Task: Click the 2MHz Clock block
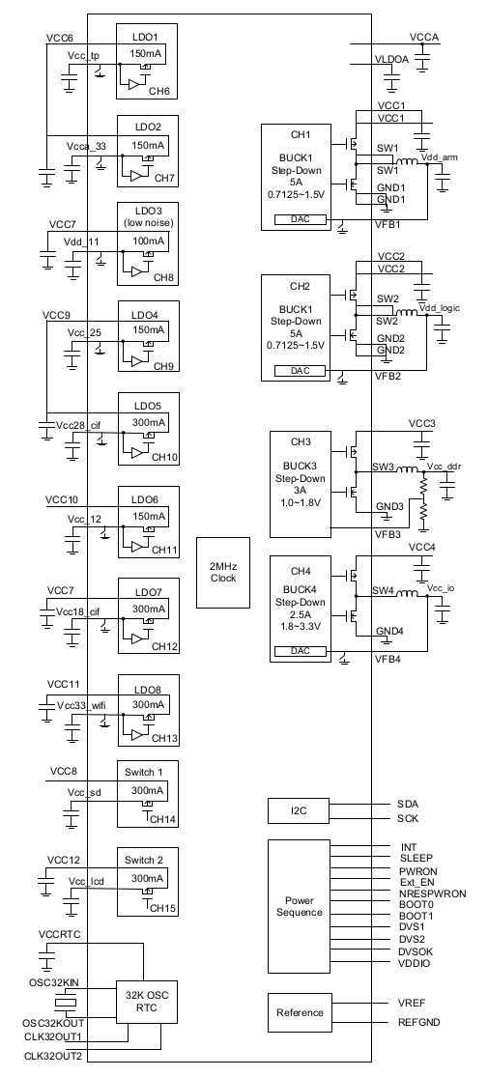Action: click(x=222, y=572)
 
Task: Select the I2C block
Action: click(x=299, y=811)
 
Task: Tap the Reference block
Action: click(x=299, y=1012)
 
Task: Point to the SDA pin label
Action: click(x=408, y=804)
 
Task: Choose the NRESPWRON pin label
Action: click(x=432, y=893)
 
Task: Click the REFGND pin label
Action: click(x=419, y=1022)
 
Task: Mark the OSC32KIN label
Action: click(x=53, y=983)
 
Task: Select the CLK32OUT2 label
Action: click(x=53, y=1056)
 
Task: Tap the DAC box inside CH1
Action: click(x=301, y=220)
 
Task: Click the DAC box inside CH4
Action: click(x=301, y=651)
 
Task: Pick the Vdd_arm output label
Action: click(x=439, y=157)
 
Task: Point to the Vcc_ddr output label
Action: click(x=444, y=467)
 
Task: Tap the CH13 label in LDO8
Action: click(x=164, y=739)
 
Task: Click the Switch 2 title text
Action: click(x=144, y=860)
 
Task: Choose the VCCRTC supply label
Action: click(x=60, y=934)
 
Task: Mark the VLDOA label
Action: click(x=391, y=60)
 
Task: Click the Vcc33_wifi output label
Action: click(x=81, y=705)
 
